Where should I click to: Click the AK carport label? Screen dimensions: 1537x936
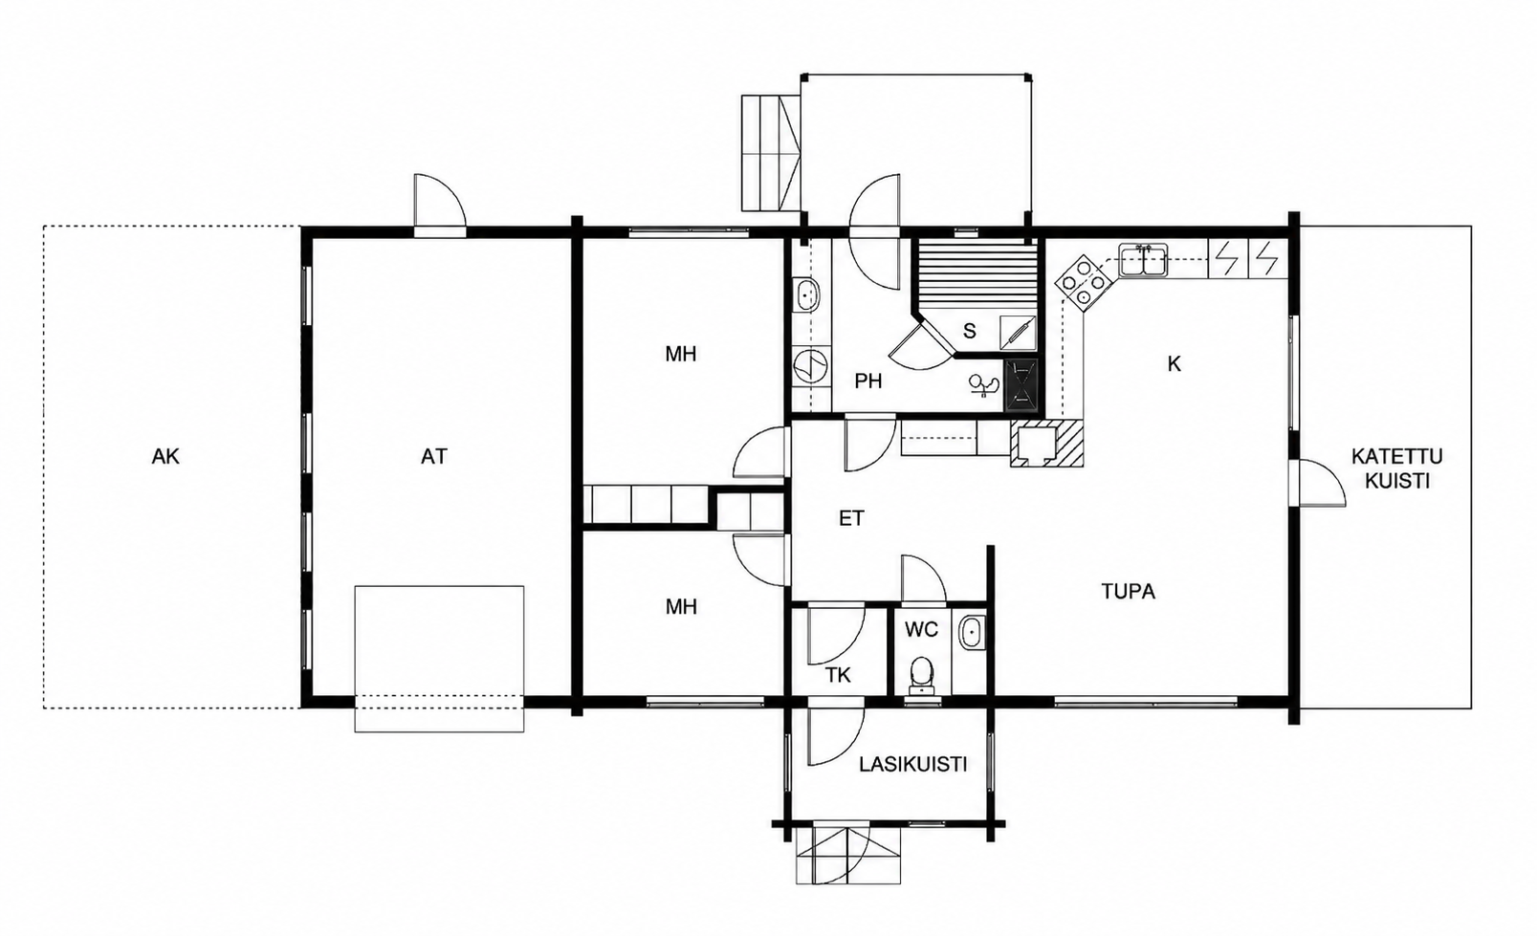(165, 456)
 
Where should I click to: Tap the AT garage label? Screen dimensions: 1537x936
(433, 456)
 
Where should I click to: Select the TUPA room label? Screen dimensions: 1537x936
(1128, 591)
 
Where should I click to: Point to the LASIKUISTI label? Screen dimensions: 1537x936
(913, 765)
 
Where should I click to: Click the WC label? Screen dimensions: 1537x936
(921, 629)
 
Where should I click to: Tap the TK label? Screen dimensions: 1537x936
(838, 675)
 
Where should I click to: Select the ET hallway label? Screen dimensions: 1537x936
(851, 518)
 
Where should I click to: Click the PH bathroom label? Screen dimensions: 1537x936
(868, 381)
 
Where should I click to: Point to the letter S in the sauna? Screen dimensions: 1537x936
(970, 331)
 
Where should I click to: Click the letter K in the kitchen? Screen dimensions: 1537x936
(1174, 364)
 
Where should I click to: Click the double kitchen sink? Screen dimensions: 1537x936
(1142, 261)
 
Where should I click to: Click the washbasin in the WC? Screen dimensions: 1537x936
(971, 632)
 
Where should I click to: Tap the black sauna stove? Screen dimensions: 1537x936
(1021, 384)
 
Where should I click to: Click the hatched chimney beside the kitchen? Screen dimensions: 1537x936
(1047, 443)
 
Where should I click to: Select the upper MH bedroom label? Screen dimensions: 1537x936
(681, 354)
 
